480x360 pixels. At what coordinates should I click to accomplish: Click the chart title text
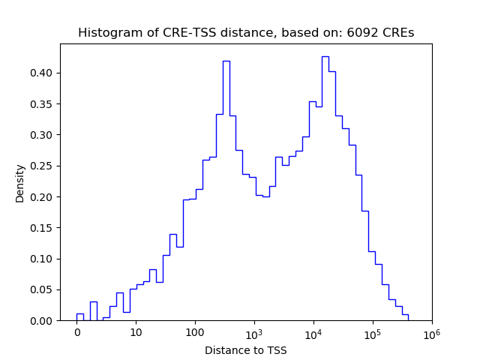246,33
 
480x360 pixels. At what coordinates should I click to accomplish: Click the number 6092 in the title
361,33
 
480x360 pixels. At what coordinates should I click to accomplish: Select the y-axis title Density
20,183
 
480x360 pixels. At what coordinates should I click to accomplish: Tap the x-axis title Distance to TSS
246,350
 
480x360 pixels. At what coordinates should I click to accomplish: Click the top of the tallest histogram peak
325,57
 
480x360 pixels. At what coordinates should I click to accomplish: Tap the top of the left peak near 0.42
226,61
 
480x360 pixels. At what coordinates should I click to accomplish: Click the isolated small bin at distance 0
79,314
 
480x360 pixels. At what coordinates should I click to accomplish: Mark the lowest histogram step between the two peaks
265,196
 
